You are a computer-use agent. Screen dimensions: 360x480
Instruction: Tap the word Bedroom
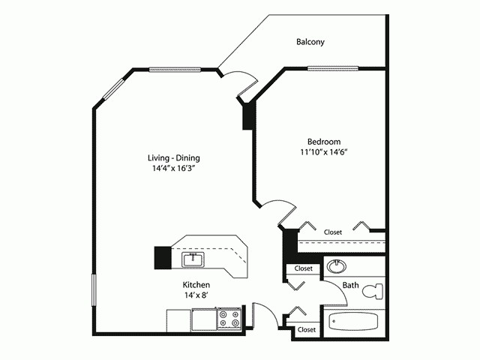click(x=324, y=142)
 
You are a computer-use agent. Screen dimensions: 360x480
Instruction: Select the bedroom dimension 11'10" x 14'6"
click(x=324, y=152)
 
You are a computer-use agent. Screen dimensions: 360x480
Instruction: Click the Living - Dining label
click(x=173, y=158)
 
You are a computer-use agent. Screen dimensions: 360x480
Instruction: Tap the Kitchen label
click(x=196, y=285)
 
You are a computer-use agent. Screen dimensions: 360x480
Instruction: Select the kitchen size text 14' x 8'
click(x=196, y=295)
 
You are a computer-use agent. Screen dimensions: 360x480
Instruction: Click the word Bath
click(x=350, y=286)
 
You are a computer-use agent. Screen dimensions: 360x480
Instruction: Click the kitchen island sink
click(x=193, y=259)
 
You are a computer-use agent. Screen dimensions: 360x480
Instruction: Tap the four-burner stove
click(x=229, y=319)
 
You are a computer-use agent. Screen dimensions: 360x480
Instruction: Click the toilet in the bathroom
click(x=373, y=292)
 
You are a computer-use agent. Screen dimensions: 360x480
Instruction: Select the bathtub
click(x=353, y=322)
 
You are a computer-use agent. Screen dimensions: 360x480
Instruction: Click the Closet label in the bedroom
click(x=333, y=232)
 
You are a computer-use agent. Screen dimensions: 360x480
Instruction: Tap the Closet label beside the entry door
click(x=306, y=329)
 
